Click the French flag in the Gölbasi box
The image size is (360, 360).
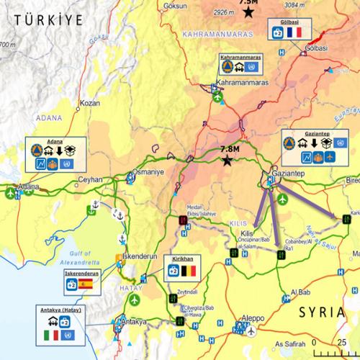pos(293,33)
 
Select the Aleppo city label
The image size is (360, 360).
pos(251,318)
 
